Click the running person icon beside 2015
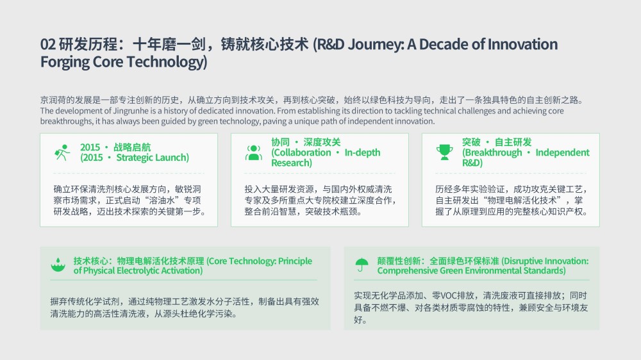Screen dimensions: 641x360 (62, 152)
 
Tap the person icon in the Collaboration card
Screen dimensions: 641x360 (253, 152)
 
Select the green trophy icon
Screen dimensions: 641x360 (444, 152)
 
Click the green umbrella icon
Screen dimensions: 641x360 (362, 265)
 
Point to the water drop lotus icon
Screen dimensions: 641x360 (58, 265)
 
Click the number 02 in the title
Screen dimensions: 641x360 (47, 44)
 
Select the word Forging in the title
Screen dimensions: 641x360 (65, 62)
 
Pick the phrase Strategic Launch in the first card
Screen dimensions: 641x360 (153, 158)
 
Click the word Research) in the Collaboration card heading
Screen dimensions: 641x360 (292, 163)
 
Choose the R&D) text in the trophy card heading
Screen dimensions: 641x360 (472, 163)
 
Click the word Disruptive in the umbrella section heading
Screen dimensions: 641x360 (523, 261)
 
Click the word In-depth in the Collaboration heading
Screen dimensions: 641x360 (362, 153)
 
